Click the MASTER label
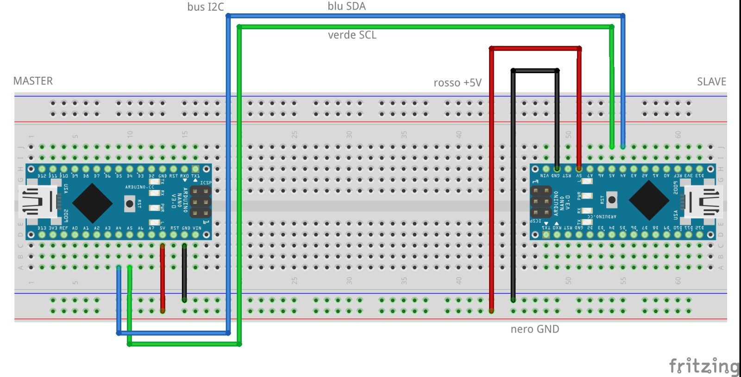33,81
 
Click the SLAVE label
711,82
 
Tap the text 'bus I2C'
205,7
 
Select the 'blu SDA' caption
346,6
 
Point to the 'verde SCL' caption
352,35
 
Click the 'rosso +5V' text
458,83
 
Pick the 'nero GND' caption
535,329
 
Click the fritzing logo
704,366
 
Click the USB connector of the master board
38,202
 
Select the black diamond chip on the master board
93,203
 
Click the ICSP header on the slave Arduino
541,202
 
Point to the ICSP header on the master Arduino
200,202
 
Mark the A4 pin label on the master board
119,228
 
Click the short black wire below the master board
184,273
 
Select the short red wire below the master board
163,278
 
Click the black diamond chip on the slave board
649,200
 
